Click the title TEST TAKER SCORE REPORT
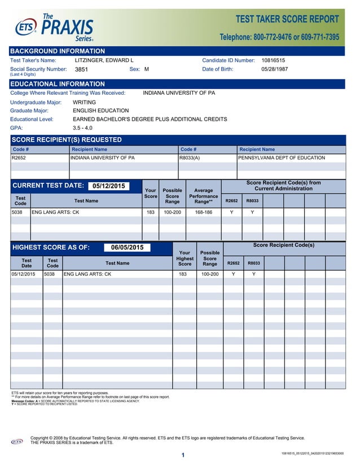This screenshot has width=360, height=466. pos(287,19)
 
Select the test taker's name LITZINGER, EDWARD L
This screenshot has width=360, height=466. pos(104,60)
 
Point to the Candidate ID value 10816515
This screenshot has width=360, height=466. pos(273,60)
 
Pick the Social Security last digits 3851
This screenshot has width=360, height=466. pos(82,69)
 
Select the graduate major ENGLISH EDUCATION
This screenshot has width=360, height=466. pos(101,111)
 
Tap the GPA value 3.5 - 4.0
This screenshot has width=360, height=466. pos(82,128)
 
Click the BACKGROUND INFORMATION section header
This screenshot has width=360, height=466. pos(58,51)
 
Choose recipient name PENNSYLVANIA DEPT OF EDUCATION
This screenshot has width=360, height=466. pos(282,158)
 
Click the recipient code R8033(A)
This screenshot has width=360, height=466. pos(190,158)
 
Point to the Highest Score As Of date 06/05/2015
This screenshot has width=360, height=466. pos(127,247)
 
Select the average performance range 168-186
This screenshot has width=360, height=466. pos(203,212)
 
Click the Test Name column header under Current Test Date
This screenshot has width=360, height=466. pos(86,200)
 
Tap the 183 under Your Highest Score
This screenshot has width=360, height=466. pos(183,274)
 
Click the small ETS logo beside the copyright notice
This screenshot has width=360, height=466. pos(17,442)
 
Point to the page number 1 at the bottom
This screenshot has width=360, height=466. pos(183,455)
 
